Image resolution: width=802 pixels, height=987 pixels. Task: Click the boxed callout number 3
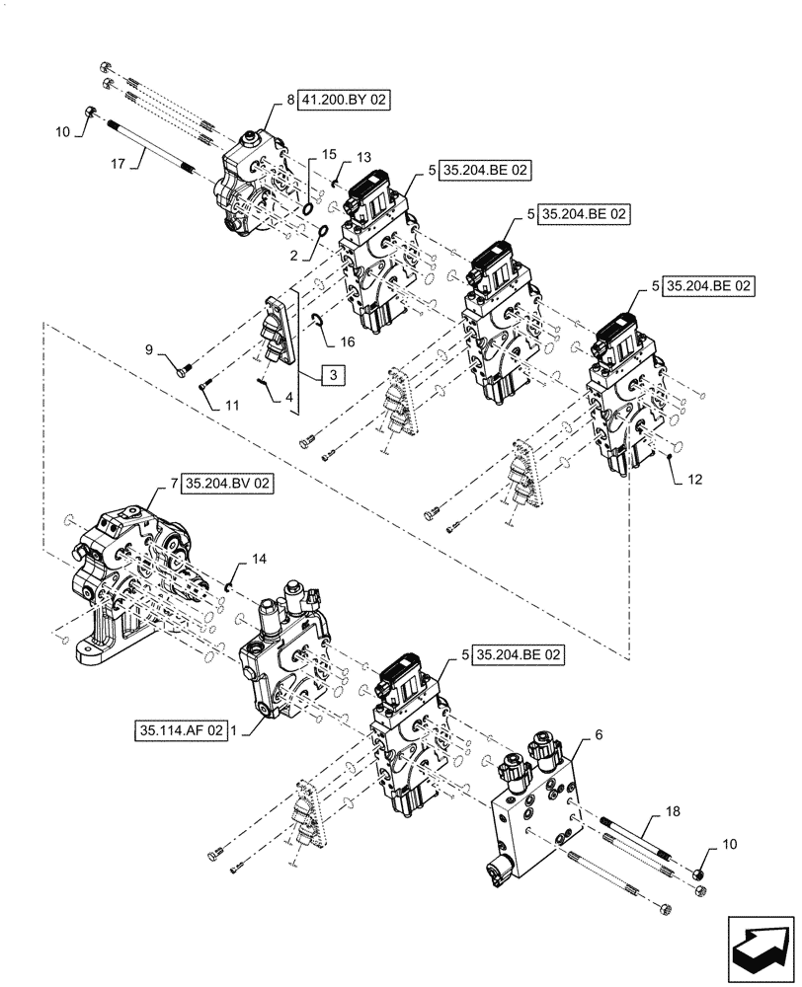coord(333,375)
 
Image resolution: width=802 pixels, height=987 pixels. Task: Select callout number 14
coord(259,560)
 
